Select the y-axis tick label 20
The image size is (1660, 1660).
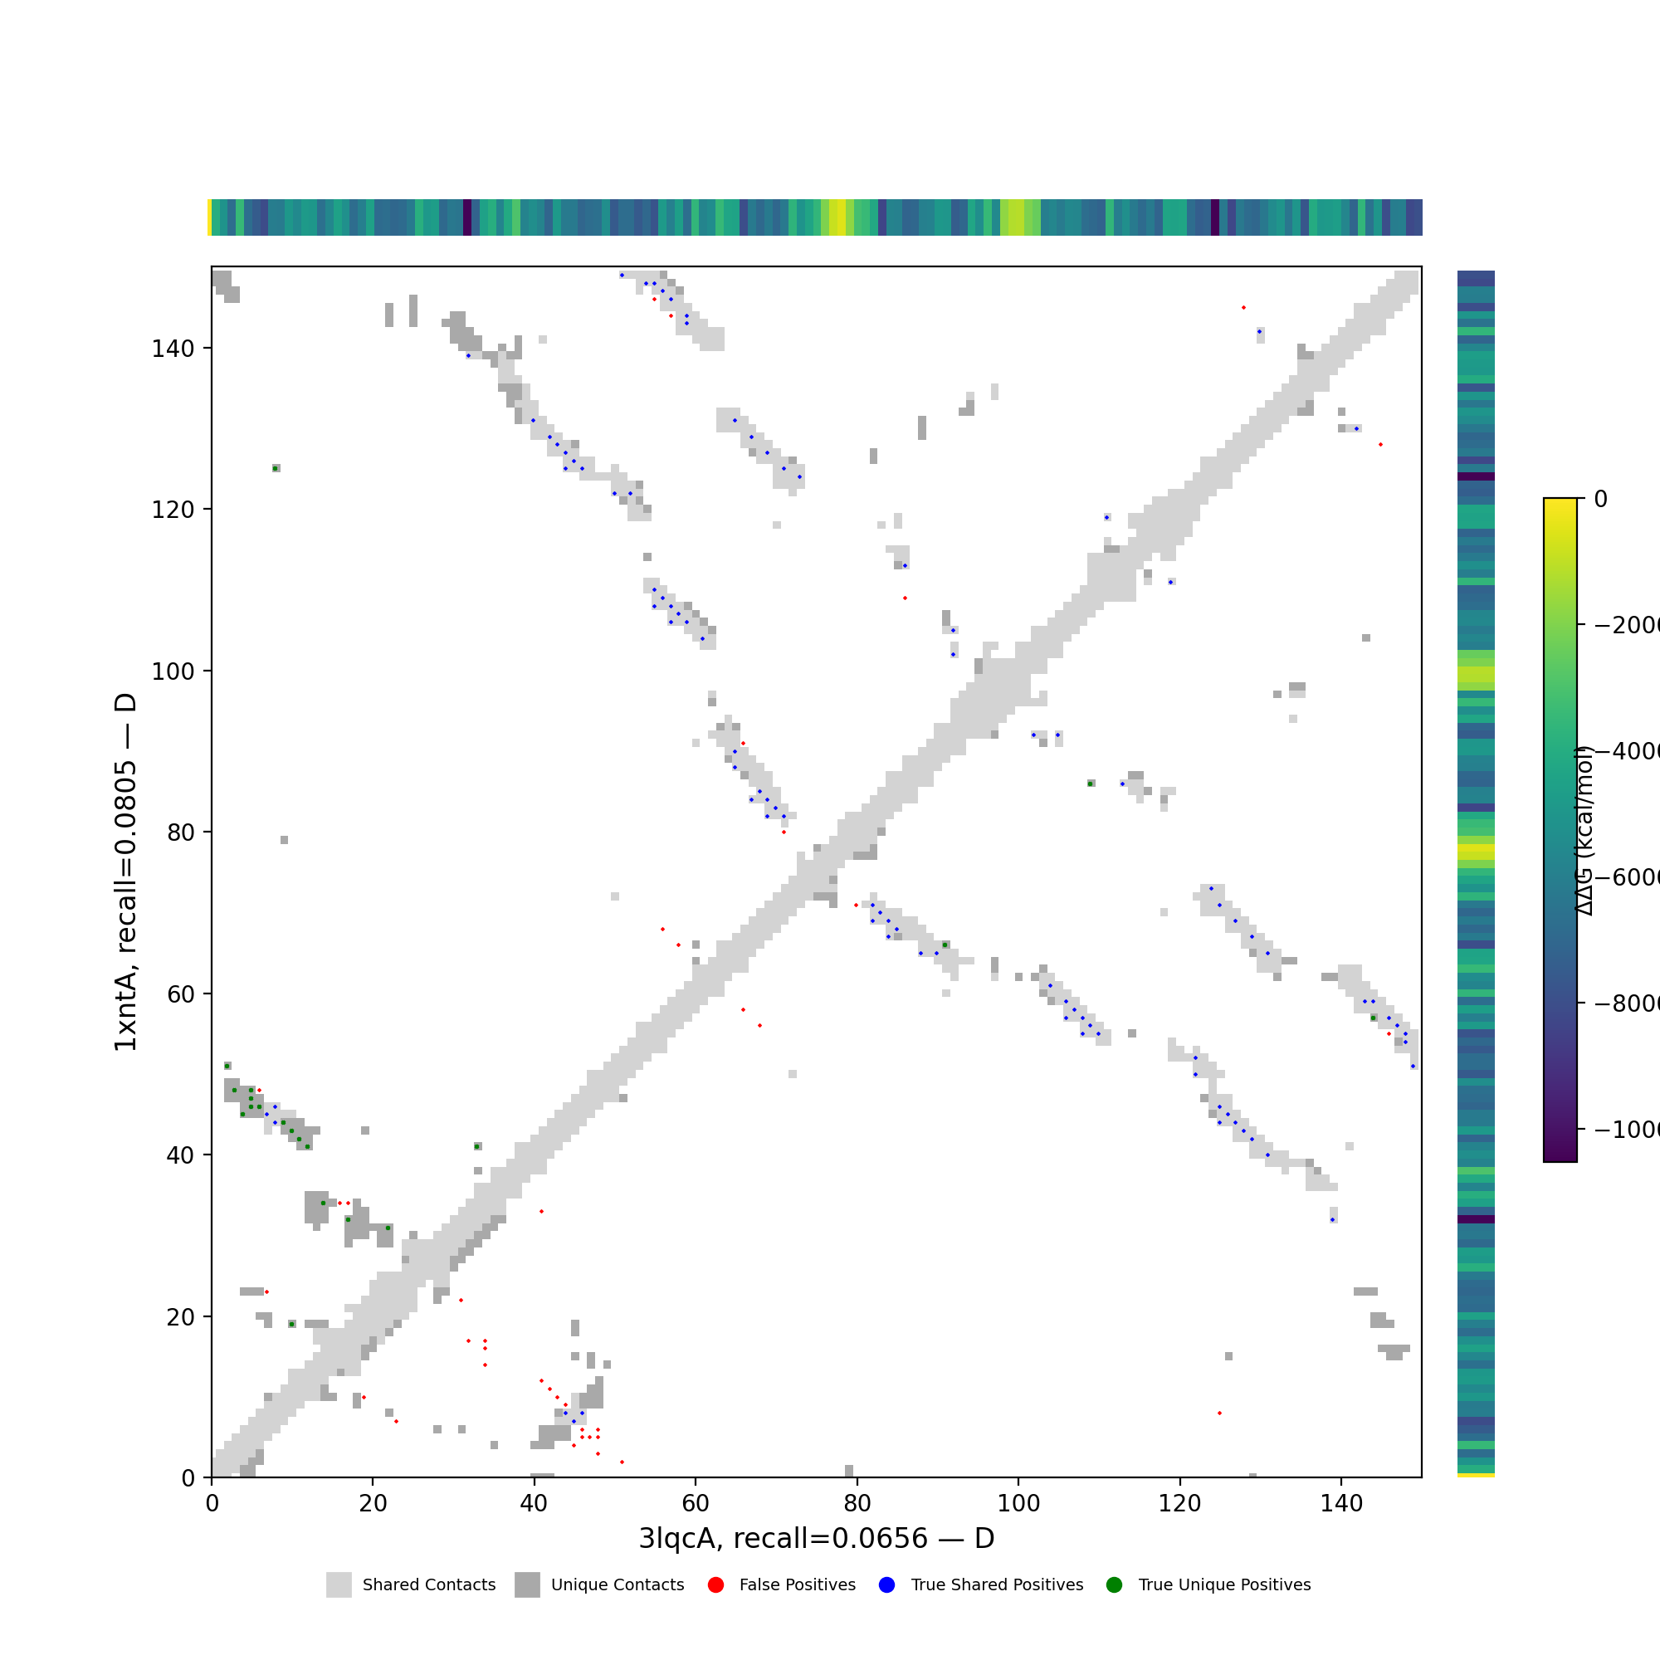(x=180, y=1317)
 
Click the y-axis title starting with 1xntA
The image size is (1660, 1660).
(x=125, y=872)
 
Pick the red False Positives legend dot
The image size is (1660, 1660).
(x=715, y=1585)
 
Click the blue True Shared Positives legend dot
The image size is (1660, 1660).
(x=886, y=1585)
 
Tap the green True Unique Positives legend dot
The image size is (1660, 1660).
(x=1115, y=1585)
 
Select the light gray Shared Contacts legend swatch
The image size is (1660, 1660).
(x=339, y=1585)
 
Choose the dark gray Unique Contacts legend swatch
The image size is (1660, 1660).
(x=528, y=1585)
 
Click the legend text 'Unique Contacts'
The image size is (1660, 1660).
(x=618, y=1585)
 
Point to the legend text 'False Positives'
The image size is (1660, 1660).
(x=798, y=1585)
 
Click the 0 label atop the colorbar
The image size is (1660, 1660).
(x=1601, y=499)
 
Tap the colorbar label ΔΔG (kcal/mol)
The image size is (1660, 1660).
(x=1584, y=831)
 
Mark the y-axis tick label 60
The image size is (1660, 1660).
(x=180, y=994)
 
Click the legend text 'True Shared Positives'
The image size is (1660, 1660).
(x=997, y=1585)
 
